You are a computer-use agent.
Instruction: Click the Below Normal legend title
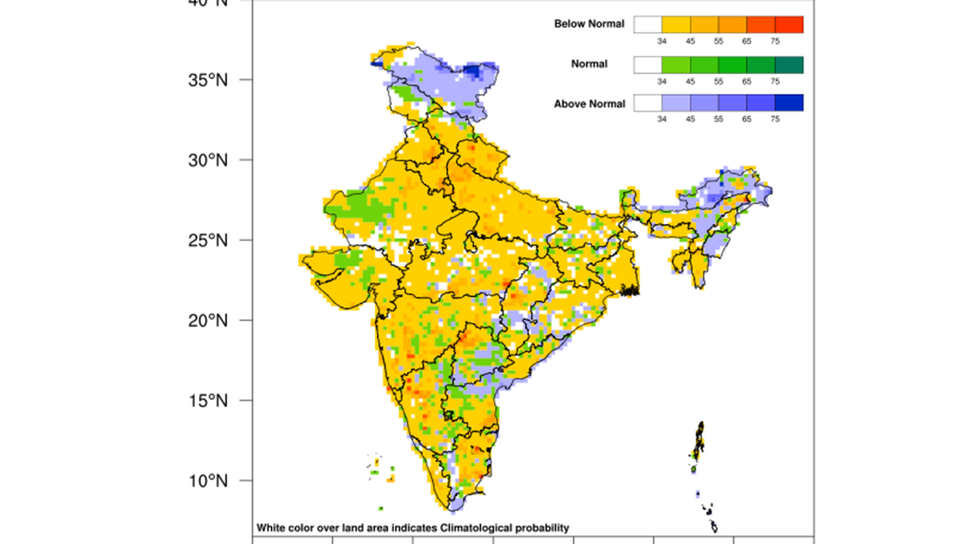589,24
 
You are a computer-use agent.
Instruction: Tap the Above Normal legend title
589,104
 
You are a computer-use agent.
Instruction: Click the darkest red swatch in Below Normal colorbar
789,24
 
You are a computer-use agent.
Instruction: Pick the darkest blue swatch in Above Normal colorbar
789,103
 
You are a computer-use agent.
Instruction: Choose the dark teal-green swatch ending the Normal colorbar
789,64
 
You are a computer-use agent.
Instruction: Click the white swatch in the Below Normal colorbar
647,24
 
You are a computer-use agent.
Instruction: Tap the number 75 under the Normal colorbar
774,81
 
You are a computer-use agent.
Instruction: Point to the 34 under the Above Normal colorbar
662,119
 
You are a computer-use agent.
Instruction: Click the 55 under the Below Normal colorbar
719,41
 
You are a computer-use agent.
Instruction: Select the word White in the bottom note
270,528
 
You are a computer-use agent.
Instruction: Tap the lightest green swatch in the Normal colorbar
675,64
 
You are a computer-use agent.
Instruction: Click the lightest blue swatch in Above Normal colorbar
675,103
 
